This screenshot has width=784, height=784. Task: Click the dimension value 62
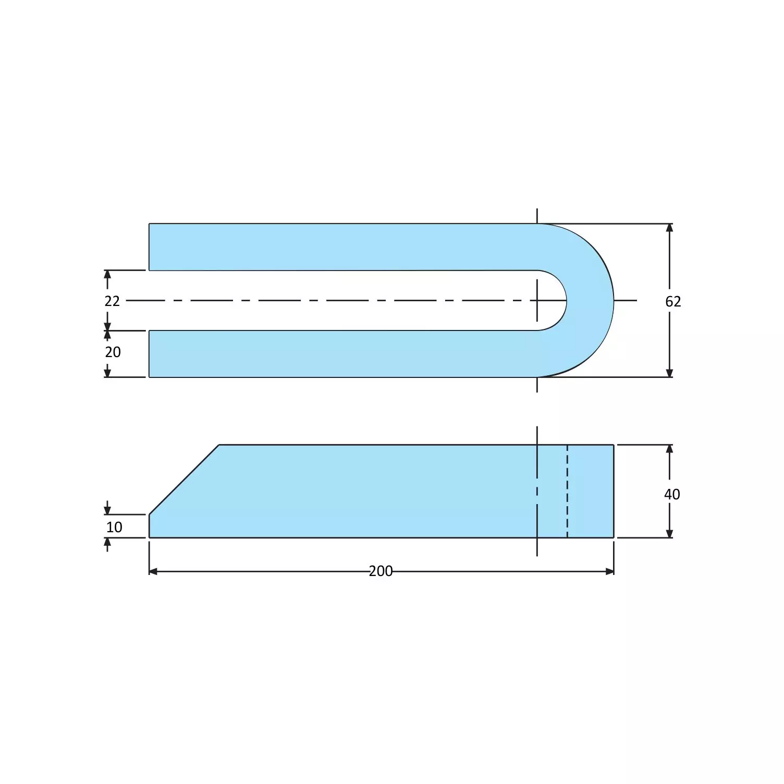[x=673, y=301]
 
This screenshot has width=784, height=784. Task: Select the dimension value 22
[x=112, y=301]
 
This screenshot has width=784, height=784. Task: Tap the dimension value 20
[x=113, y=352]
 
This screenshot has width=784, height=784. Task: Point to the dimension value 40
[x=672, y=494]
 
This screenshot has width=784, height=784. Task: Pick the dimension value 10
[x=114, y=528]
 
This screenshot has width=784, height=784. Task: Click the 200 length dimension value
[x=381, y=571]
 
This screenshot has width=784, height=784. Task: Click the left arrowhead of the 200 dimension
[x=153, y=571]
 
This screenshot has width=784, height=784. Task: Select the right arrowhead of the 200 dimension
[x=610, y=571]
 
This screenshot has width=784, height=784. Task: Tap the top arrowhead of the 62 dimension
[x=669, y=228]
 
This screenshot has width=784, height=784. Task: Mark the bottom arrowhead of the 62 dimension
[x=669, y=373]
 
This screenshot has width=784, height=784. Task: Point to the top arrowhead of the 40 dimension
[x=669, y=449]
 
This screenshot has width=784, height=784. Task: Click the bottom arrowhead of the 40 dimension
[x=669, y=533]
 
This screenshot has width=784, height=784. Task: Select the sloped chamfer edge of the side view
[x=183, y=480]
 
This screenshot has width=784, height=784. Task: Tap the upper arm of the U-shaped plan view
[x=339, y=247]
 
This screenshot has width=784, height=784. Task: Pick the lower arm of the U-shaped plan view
[x=339, y=353]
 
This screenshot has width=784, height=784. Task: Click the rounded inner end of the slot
[x=565, y=300]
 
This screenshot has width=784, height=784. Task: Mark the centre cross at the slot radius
[x=537, y=300]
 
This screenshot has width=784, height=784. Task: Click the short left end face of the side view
[x=149, y=526]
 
